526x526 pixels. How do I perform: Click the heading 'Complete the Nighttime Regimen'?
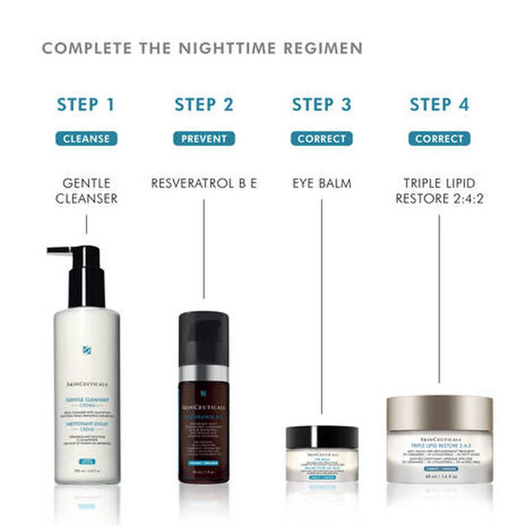pyautogui.click(x=202, y=49)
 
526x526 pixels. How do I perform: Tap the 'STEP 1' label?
pyautogui.click(x=86, y=104)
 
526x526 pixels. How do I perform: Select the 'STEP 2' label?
pyautogui.click(x=204, y=104)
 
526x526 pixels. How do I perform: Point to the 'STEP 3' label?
pyautogui.click(x=321, y=104)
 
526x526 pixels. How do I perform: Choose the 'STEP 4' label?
pyautogui.click(x=439, y=104)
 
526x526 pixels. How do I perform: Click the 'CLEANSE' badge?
pyautogui.click(x=86, y=138)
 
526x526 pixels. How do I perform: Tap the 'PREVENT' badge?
pyautogui.click(x=204, y=138)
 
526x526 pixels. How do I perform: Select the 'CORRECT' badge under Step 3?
pyautogui.click(x=321, y=138)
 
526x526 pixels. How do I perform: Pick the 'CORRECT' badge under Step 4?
pyautogui.click(x=439, y=138)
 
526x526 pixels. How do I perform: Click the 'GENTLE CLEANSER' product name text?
pyautogui.click(x=86, y=190)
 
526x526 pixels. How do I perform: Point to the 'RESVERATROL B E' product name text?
pyautogui.click(x=204, y=183)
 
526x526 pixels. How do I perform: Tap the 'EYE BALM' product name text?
pyautogui.click(x=321, y=183)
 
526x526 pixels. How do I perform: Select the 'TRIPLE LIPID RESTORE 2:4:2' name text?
pyautogui.click(x=439, y=190)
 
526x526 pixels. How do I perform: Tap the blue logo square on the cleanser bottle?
pyautogui.click(x=87, y=348)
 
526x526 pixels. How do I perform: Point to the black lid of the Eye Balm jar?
pyautogui.click(x=321, y=437)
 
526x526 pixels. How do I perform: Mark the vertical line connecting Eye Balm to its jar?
pyautogui.click(x=321, y=307)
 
